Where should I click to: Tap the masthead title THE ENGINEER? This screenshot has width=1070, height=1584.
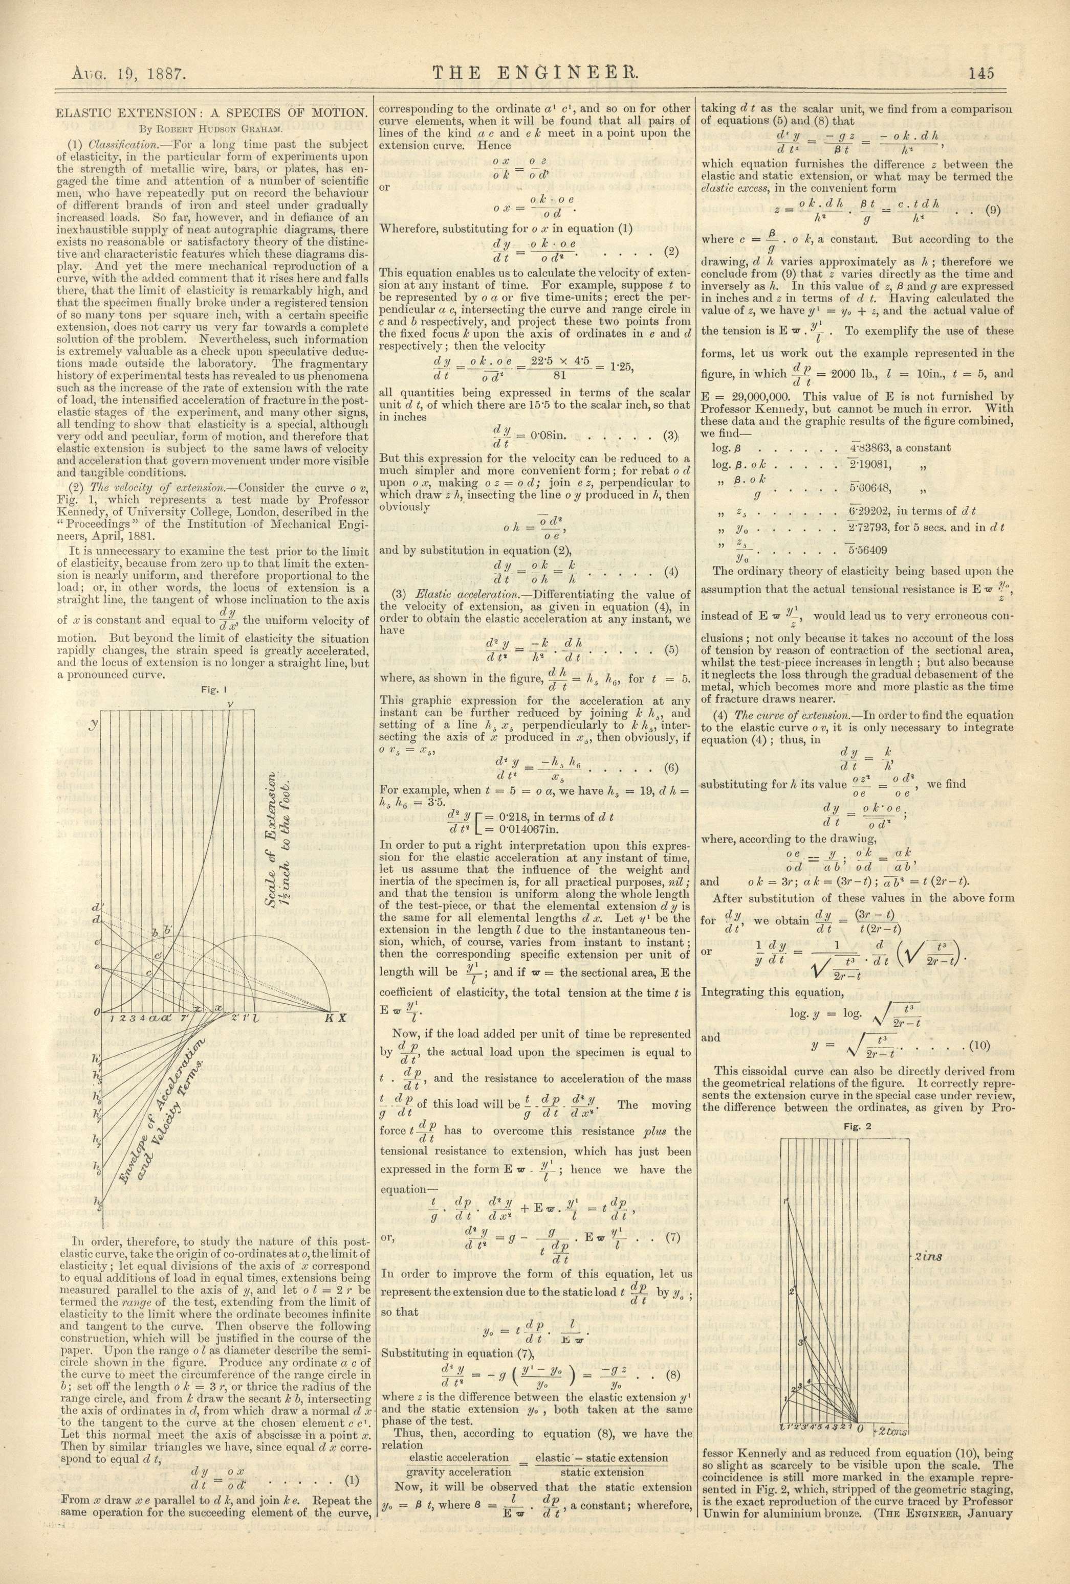tap(535, 73)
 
